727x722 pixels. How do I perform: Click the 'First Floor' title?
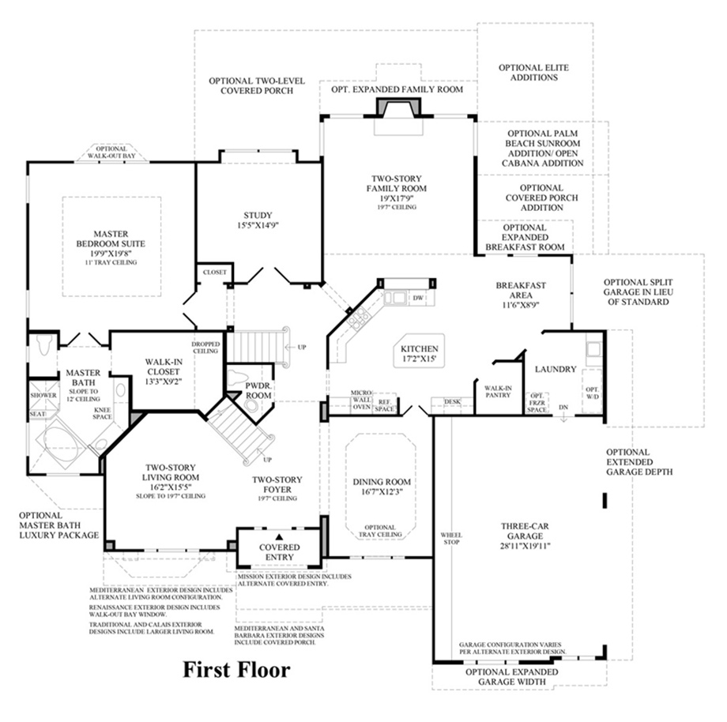(236, 671)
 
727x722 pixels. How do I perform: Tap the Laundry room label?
(556, 369)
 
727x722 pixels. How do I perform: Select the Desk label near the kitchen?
(452, 402)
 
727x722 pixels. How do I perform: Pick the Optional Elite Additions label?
(534, 73)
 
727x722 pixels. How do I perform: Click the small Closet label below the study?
(214, 273)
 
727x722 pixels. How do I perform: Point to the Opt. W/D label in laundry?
(592, 393)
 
